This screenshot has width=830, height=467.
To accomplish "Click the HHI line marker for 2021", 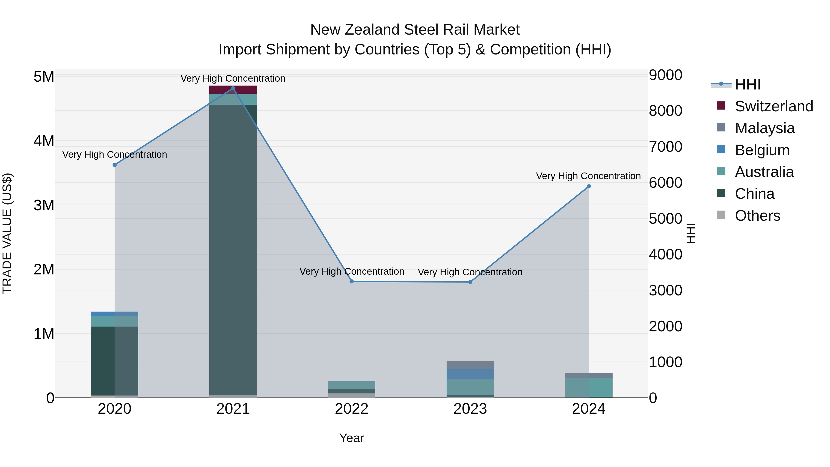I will (233, 88).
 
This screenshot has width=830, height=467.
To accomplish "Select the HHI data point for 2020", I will (115, 165).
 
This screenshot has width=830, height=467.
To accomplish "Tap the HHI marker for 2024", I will (589, 186).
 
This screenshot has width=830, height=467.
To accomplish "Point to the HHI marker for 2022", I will (352, 281).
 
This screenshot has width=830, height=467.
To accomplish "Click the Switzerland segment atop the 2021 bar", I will (233, 90).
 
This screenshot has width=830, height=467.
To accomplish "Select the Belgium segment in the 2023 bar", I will (470, 374).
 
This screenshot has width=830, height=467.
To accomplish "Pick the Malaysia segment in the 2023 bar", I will (470, 365).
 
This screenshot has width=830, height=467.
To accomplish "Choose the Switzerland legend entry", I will (774, 106).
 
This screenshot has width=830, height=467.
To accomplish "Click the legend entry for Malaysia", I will (764, 128).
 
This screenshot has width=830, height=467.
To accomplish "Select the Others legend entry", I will (757, 216).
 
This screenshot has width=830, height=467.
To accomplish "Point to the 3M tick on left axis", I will (44, 205).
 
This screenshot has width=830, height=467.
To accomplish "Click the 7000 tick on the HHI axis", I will (665, 147).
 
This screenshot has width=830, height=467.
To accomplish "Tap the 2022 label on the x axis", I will (352, 409).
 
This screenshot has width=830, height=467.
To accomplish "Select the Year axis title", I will (352, 438).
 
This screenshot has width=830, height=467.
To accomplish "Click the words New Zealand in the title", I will (355, 30).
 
